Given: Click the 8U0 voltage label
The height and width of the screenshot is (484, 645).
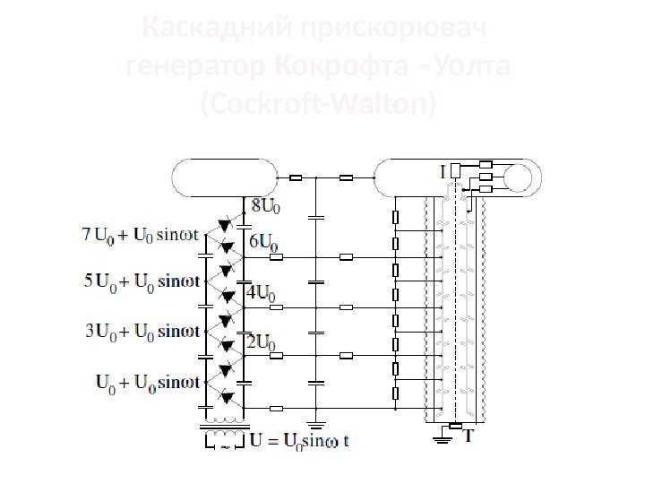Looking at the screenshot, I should click(264, 208).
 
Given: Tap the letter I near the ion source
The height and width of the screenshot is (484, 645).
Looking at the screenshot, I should click(442, 169).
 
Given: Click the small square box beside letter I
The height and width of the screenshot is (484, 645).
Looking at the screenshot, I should click(455, 169).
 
